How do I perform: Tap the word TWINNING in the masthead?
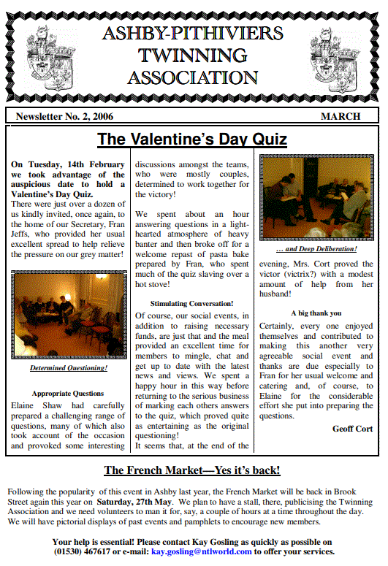[x=192, y=55]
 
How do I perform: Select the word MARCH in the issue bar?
[x=341, y=116]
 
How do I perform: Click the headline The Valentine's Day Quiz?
[x=192, y=139]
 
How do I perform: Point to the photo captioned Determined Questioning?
[x=69, y=314]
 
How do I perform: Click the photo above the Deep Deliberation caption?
[x=316, y=198]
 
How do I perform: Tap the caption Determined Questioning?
[x=69, y=368]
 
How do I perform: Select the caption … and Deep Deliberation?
[x=316, y=250]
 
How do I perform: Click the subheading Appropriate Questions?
[x=68, y=393]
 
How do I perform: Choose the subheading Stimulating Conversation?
[x=192, y=303]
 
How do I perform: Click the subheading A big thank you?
[x=316, y=313]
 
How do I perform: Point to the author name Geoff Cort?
[x=352, y=429]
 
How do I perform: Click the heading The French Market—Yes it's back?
[x=192, y=470]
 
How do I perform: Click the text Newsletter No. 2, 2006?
[x=61, y=116]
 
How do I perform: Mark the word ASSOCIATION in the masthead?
[x=192, y=77]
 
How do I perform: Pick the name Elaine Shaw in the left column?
[x=37, y=404]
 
